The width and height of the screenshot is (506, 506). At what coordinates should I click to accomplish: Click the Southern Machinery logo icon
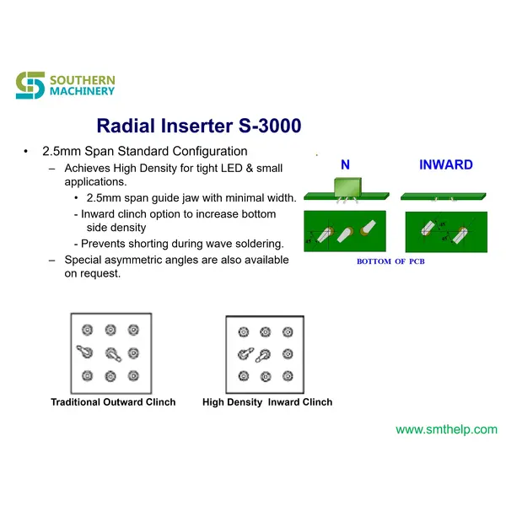[30, 85]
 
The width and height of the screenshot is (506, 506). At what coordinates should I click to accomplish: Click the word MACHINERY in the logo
[82, 91]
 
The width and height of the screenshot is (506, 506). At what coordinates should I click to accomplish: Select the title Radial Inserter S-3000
[198, 126]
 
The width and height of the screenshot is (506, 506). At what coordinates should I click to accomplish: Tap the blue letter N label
[345, 165]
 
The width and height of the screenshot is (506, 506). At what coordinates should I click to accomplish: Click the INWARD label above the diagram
[445, 165]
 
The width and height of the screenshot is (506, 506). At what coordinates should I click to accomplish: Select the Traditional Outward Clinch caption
[113, 402]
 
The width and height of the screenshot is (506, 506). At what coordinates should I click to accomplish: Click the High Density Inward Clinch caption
[267, 402]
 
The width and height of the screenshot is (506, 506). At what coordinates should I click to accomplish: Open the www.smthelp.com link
[446, 430]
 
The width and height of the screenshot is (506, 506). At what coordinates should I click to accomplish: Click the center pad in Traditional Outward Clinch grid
[110, 353]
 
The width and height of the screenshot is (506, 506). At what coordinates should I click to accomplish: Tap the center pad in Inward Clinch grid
[265, 354]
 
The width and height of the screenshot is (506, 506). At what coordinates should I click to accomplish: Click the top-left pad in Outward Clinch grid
[87, 330]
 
